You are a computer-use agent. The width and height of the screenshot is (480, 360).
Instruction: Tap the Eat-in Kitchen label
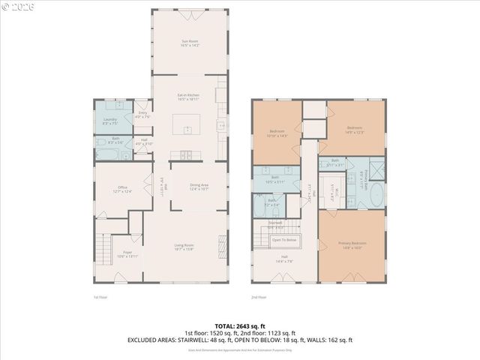[x=188, y=97]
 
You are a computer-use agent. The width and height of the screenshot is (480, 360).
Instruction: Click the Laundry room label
[x=109, y=121]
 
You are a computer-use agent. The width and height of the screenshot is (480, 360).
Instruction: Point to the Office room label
[x=122, y=189]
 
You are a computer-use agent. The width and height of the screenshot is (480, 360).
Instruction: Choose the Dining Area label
[x=199, y=187]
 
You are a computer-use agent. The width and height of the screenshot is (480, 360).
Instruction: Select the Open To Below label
[x=284, y=240]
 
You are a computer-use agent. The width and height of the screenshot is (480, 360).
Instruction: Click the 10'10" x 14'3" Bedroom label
[x=277, y=133]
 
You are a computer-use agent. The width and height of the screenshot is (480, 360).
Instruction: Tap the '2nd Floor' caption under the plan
[x=259, y=298]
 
